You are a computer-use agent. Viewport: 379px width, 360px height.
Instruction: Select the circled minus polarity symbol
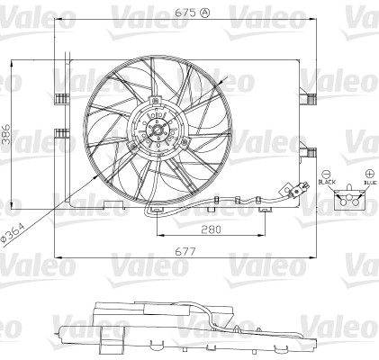pos(327,172)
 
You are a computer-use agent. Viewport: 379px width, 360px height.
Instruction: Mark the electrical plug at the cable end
pos(298,190)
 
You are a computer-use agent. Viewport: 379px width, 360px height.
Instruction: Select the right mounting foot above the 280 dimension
pos(266,210)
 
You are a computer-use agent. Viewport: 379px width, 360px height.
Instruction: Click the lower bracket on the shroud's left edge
pos(60,135)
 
